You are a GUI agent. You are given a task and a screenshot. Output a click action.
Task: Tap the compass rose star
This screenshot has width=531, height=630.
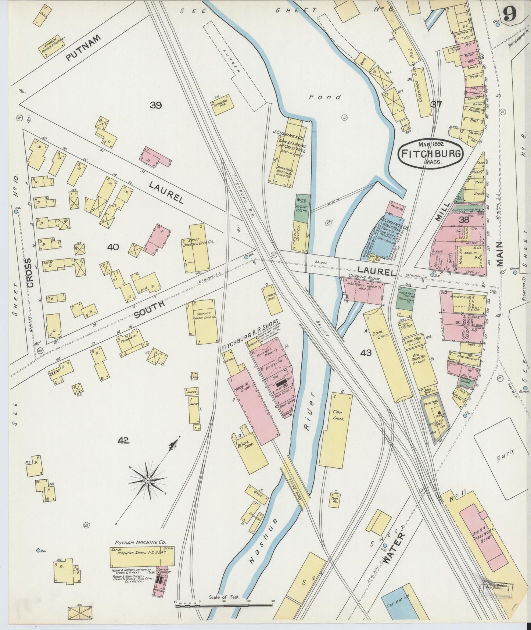[x=147, y=480]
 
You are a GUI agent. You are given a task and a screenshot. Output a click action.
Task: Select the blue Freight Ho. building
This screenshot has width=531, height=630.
[x=398, y=611]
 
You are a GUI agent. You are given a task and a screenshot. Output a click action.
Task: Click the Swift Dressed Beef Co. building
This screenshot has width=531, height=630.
[x=199, y=248]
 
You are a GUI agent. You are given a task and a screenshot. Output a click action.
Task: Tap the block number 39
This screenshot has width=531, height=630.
[x=156, y=105]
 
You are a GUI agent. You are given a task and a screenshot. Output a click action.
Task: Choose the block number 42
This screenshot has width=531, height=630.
[x=124, y=440]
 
